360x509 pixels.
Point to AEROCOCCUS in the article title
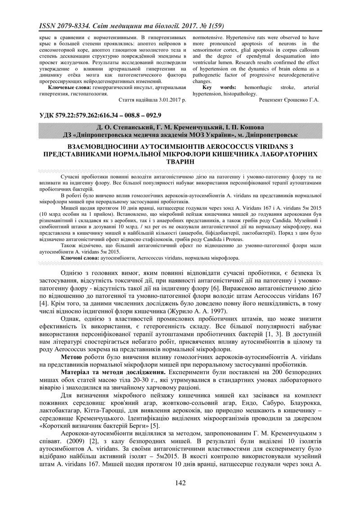coord(213,147)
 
